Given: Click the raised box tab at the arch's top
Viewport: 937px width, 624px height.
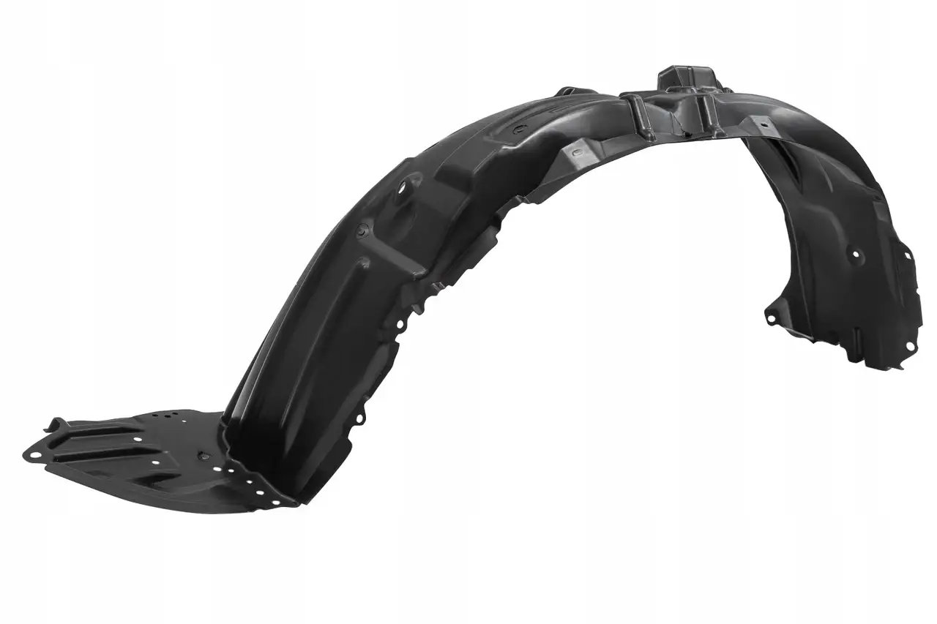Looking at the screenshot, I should [x=686, y=77].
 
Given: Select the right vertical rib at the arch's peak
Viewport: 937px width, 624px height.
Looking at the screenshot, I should [x=704, y=111].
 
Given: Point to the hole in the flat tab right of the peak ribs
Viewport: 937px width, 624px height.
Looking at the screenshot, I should [x=764, y=125].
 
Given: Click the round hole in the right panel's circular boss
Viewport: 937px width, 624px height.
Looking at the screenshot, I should [x=855, y=255].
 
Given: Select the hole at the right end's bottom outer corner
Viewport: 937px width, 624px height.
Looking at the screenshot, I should [x=910, y=346].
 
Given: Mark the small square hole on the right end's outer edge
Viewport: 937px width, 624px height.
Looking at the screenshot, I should [x=908, y=255].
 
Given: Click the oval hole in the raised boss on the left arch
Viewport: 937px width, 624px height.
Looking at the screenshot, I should [x=402, y=196].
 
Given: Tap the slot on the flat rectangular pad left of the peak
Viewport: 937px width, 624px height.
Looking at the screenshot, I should [x=575, y=152].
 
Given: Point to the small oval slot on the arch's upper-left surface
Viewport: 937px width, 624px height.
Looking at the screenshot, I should [x=518, y=129].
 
